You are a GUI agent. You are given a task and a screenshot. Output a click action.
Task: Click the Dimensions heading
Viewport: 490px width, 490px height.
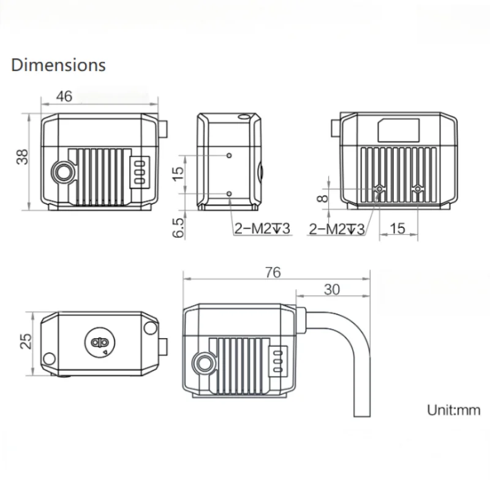click(x=58, y=66)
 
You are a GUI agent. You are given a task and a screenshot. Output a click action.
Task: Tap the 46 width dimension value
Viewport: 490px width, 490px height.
click(x=64, y=96)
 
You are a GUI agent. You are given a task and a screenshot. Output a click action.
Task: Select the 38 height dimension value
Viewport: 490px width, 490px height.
click(x=23, y=157)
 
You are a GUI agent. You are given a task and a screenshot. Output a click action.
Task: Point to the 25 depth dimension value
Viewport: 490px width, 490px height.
click(x=26, y=341)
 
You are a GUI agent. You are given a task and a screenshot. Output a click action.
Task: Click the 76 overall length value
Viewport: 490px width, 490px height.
click(x=273, y=273)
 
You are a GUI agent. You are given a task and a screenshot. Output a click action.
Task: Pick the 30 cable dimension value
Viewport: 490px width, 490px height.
click(x=331, y=290)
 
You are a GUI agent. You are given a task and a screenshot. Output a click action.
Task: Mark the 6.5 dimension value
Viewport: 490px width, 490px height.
click(x=178, y=228)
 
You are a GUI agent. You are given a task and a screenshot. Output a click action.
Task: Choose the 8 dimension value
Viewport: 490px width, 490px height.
click(x=323, y=198)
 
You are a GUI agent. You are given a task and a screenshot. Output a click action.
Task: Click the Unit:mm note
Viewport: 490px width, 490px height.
click(x=453, y=410)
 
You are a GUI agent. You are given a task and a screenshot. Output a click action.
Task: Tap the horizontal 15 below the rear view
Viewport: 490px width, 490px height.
click(x=398, y=228)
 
